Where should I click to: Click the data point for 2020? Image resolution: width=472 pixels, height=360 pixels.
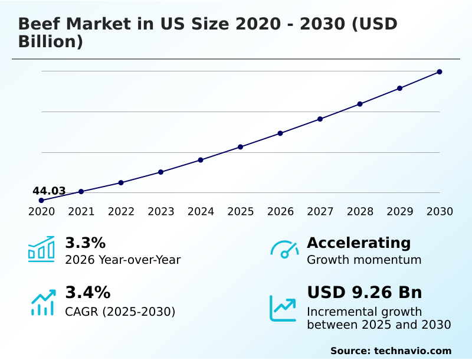pos(41,201)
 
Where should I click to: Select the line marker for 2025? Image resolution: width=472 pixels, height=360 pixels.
pos(241,147)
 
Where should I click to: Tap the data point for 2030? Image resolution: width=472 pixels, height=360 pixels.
pos(440,72)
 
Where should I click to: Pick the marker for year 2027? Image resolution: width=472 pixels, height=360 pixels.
pos(320,119)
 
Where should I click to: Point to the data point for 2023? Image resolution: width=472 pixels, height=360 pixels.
pos(160,172)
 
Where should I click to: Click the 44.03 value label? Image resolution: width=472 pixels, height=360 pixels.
pos(49,191)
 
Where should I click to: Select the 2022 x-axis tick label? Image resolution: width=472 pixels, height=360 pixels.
pos(121,212)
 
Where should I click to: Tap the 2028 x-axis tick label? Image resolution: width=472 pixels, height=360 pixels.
pos(360,212)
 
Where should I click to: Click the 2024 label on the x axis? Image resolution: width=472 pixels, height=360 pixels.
pos(201,212)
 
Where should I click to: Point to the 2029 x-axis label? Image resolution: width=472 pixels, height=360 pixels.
pos(400,212)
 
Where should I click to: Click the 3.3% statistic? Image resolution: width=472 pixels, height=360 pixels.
pos(85,243)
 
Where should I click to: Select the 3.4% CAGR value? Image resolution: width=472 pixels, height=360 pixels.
pos(87,293)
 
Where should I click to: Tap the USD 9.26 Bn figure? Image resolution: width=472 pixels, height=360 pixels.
pos(365,293)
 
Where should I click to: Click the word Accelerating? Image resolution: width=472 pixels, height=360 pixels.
pos(359,243)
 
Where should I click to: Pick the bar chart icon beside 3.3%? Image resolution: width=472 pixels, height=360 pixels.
pos(41,249)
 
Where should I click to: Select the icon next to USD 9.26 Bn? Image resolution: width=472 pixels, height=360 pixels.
pos(283,308)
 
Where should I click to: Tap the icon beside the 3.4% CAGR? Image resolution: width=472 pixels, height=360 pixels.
pos(42,302)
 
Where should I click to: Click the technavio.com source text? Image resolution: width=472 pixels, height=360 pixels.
pos(412,351)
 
